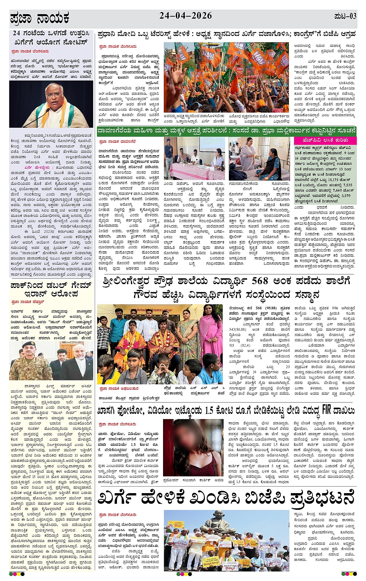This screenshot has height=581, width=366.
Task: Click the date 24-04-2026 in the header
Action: pos(186,16)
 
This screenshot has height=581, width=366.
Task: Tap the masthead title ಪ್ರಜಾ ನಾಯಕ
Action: pos(40,18)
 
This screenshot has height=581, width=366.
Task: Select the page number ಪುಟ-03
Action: pos(345,16)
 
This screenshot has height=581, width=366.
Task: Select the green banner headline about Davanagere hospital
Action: pos(226,131)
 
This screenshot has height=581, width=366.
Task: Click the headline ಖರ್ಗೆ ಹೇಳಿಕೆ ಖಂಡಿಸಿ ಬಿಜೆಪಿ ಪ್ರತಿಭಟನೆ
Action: pos(226,497)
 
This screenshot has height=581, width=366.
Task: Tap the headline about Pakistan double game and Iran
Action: pos(51,290)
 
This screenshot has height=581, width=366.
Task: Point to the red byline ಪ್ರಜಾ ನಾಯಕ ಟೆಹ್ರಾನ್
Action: pos(28,302)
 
